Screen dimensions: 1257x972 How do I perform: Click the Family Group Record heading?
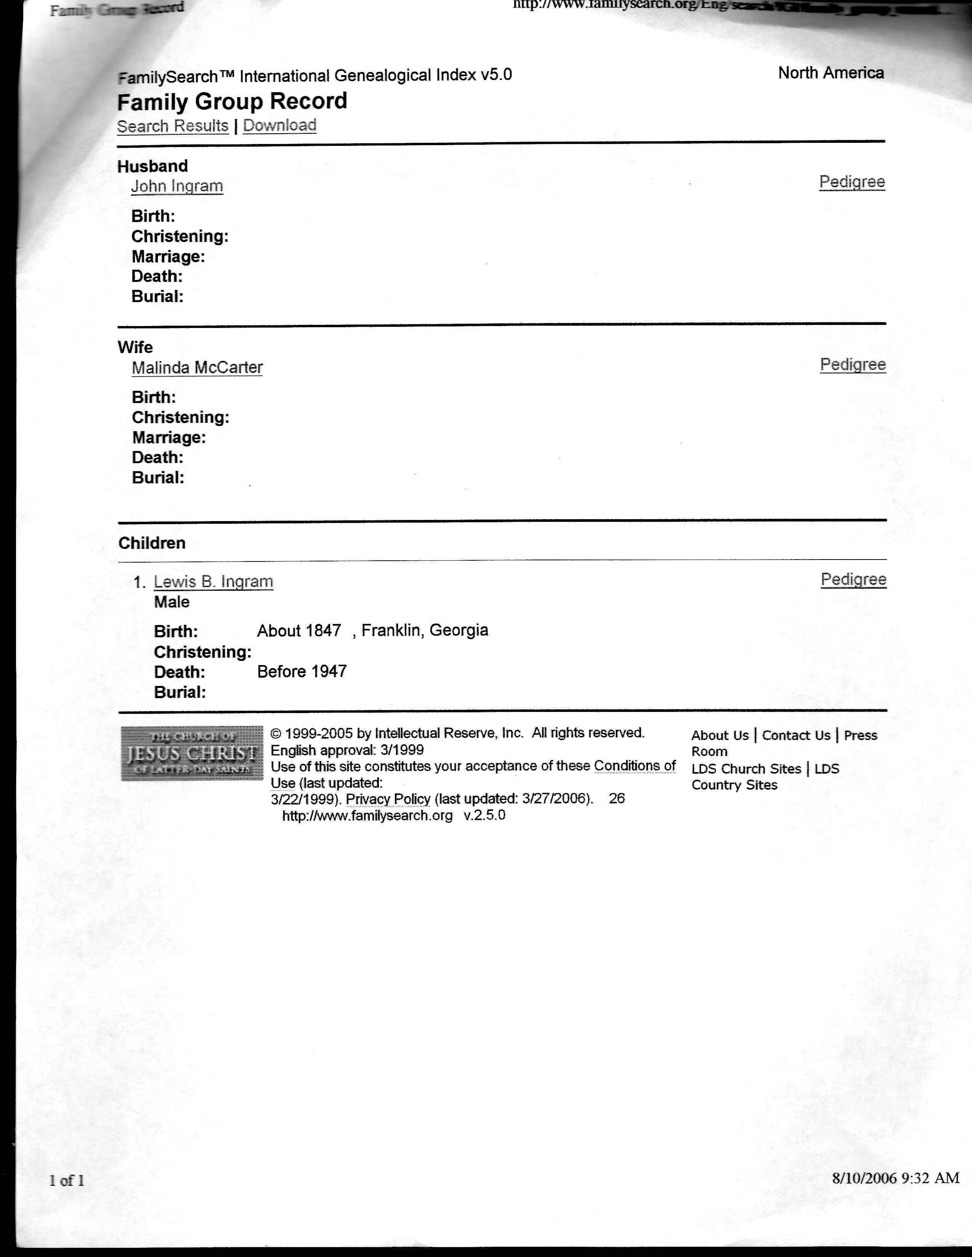pos(232,102)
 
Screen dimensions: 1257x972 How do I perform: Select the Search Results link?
pos(173,126)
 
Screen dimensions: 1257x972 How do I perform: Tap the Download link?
pos(280,125)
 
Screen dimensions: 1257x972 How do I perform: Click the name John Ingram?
pos(177,187)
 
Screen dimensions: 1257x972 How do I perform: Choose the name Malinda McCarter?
pos(197,368)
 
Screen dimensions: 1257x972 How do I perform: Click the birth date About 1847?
pos(299,631)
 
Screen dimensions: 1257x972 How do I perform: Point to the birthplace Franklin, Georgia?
pos(424,630)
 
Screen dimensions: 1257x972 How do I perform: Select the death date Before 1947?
pos(302,671)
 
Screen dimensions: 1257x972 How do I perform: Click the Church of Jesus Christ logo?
pos(192,753)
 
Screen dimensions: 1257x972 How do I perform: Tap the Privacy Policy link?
pos(388,799)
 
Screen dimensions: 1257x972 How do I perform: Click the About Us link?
pos(720,736)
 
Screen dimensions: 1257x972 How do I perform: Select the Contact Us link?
pos(796,736)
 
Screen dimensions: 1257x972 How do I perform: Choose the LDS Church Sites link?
pos(746,769)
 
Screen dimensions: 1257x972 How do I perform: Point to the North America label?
pos(830,73)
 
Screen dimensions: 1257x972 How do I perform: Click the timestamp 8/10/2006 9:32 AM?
pos(895,1178)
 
